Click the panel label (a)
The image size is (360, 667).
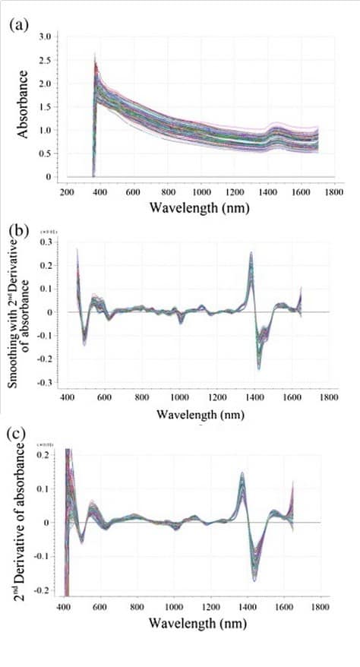coord(19,24)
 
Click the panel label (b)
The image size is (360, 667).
coord(19,228)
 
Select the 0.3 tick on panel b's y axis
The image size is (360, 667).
coord(55,242)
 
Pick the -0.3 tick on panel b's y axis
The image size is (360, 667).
coord(54,382)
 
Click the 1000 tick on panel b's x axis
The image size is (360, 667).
coord(179,397)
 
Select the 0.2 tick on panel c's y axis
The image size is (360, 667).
coord(55,454)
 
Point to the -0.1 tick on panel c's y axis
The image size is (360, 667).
coord(54,557)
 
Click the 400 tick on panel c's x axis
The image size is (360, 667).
coord(64,608)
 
